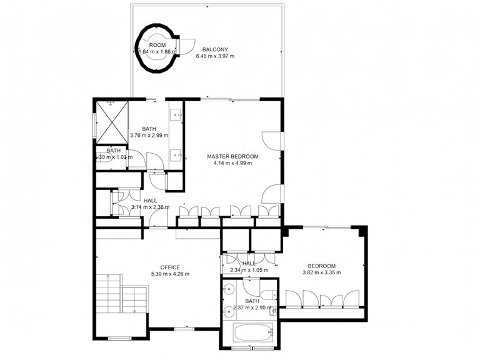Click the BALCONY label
coord(214,49)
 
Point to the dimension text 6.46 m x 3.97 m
coord(214,56)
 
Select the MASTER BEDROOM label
coord(232,156)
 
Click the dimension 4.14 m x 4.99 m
coord(232,164)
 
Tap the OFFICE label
coord(170,267)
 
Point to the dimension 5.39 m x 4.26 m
coord(170,274)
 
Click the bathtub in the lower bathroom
coord(252,333)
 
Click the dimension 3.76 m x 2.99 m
coord(149,136)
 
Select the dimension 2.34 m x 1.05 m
coord(249,271)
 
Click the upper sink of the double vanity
coord(176,114)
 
